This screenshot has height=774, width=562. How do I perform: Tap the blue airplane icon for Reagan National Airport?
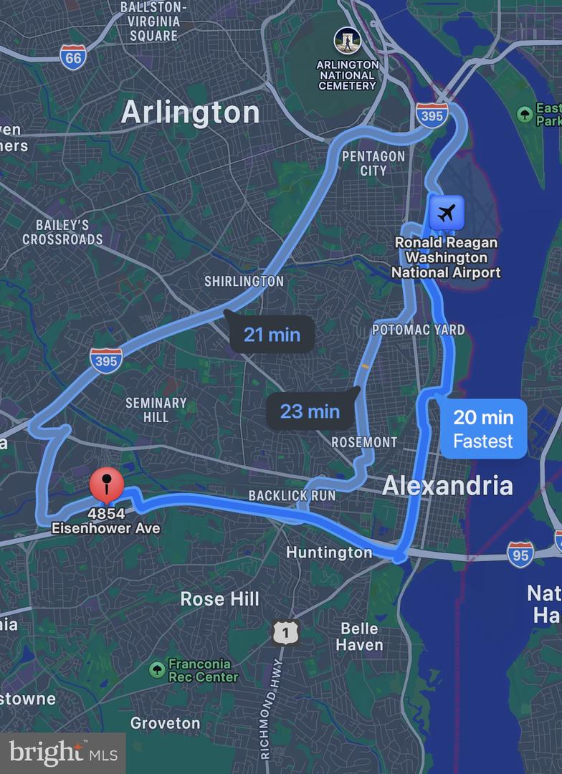[x=446, y=213]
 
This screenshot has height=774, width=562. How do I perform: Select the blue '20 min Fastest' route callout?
[x=483, y=429]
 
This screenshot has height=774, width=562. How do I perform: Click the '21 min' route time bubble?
[x=272, y=335]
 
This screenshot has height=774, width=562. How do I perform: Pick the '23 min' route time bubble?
[x=310, y=411]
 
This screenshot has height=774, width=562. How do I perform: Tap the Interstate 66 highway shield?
[x=73, y=57]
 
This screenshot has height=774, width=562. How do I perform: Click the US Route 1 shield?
[x=285, y=632]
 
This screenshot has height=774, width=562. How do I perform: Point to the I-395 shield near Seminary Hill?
[x=105, y=360]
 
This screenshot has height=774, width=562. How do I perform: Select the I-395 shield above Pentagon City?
[x=432, y=115]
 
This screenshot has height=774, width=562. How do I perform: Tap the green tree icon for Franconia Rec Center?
[x=157, y=670]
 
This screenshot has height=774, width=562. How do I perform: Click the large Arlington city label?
[x=190, y=113]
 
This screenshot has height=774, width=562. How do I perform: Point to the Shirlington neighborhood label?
[x=244, y=282]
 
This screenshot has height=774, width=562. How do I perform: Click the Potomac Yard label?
[x=418, y=330]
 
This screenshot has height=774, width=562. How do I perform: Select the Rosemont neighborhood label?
[x=364, y=442]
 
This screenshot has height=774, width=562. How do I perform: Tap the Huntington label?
[x=329, y=552]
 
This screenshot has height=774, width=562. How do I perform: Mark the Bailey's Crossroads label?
[x=62, y=232]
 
